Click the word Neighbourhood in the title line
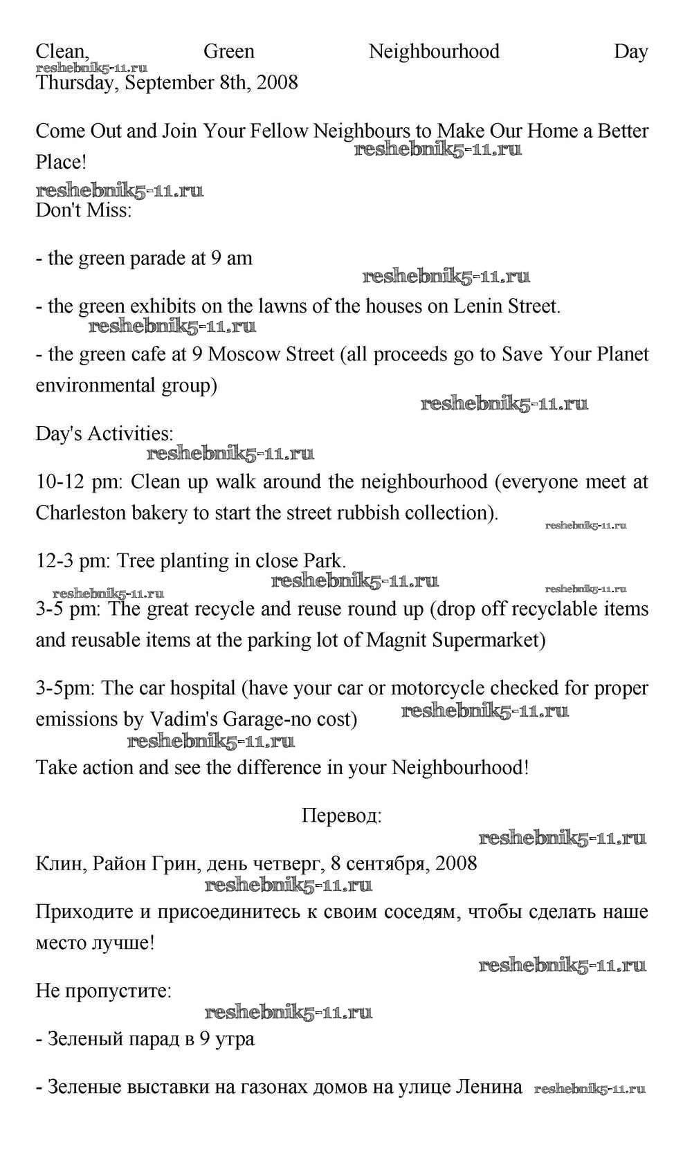pos(434,51)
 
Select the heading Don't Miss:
pos(83,210)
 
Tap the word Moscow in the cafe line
pos(242,354)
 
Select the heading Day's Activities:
pos(104,434)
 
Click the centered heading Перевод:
pos(341,816)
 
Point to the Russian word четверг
pos(283,863)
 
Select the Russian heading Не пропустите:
pos(103,991)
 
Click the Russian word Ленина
pos(489,1087)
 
